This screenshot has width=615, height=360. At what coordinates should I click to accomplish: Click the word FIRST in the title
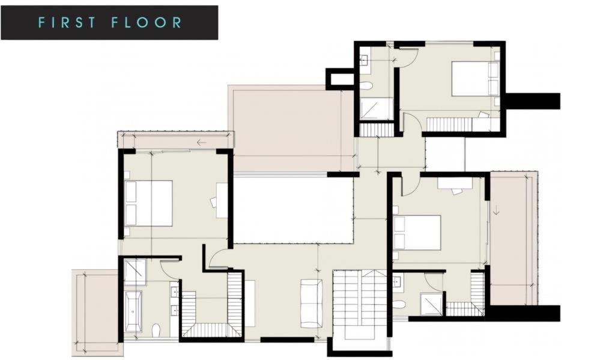(67, 22)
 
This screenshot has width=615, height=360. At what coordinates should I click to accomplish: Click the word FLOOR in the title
(147, 22)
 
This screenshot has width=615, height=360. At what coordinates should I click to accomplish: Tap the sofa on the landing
(312, 303)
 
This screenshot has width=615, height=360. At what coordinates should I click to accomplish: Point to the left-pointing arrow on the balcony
(202, 142)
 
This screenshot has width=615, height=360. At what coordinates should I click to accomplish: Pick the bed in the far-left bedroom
(149, 203)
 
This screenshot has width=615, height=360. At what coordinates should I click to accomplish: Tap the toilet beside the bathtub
(156, 331)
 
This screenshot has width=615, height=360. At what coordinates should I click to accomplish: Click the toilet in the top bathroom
(366, 85)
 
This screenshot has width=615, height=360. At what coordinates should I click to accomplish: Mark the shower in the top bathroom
(376, 109)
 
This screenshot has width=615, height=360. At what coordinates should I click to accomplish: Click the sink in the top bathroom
(365, 59)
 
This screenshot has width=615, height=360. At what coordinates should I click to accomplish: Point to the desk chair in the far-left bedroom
(214, 202)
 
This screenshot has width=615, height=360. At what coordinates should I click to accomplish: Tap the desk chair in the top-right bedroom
(483, 115)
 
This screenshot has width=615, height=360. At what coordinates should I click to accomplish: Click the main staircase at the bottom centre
(360, 305)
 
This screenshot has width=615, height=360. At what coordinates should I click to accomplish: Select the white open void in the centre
(294, 210)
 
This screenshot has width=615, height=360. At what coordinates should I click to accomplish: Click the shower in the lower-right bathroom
(431, 304)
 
